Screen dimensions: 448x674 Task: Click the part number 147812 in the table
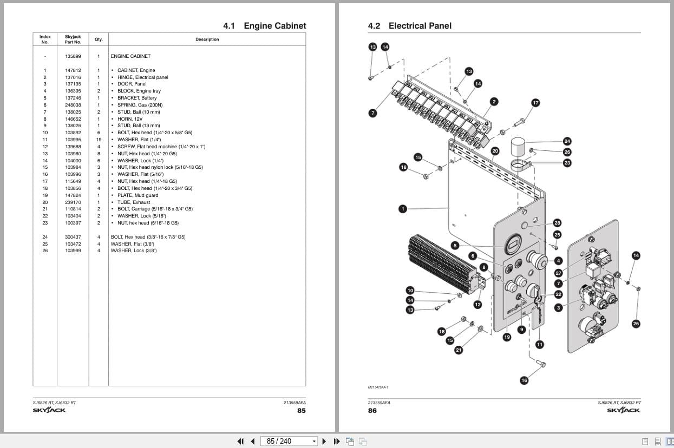[73, 70]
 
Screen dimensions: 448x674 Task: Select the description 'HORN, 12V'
[130, 119]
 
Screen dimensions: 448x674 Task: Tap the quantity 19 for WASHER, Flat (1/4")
[99, 140]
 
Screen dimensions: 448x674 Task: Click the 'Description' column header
[207, 39]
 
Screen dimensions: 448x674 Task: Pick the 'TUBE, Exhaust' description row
[134, 202]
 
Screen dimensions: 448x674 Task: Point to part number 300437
[73, 237]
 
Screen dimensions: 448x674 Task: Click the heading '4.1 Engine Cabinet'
[264, 25]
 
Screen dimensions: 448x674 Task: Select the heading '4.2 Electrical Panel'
[409, 25]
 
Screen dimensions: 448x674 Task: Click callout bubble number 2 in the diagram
[494, 102]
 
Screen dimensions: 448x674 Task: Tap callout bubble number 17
[535, 103]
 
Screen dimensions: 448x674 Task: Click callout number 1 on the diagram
[402, 208]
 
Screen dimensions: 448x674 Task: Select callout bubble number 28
[557, 223]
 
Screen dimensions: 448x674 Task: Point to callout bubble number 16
[524, 380]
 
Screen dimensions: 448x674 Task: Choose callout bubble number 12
[477, 305]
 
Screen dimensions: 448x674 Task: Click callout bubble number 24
[567, 141]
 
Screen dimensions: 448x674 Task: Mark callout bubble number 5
[455, 245]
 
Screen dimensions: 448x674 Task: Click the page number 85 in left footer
[301, 411]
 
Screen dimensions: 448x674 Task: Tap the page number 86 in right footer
[372, 411]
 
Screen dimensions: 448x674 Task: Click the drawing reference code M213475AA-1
[378, 387]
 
